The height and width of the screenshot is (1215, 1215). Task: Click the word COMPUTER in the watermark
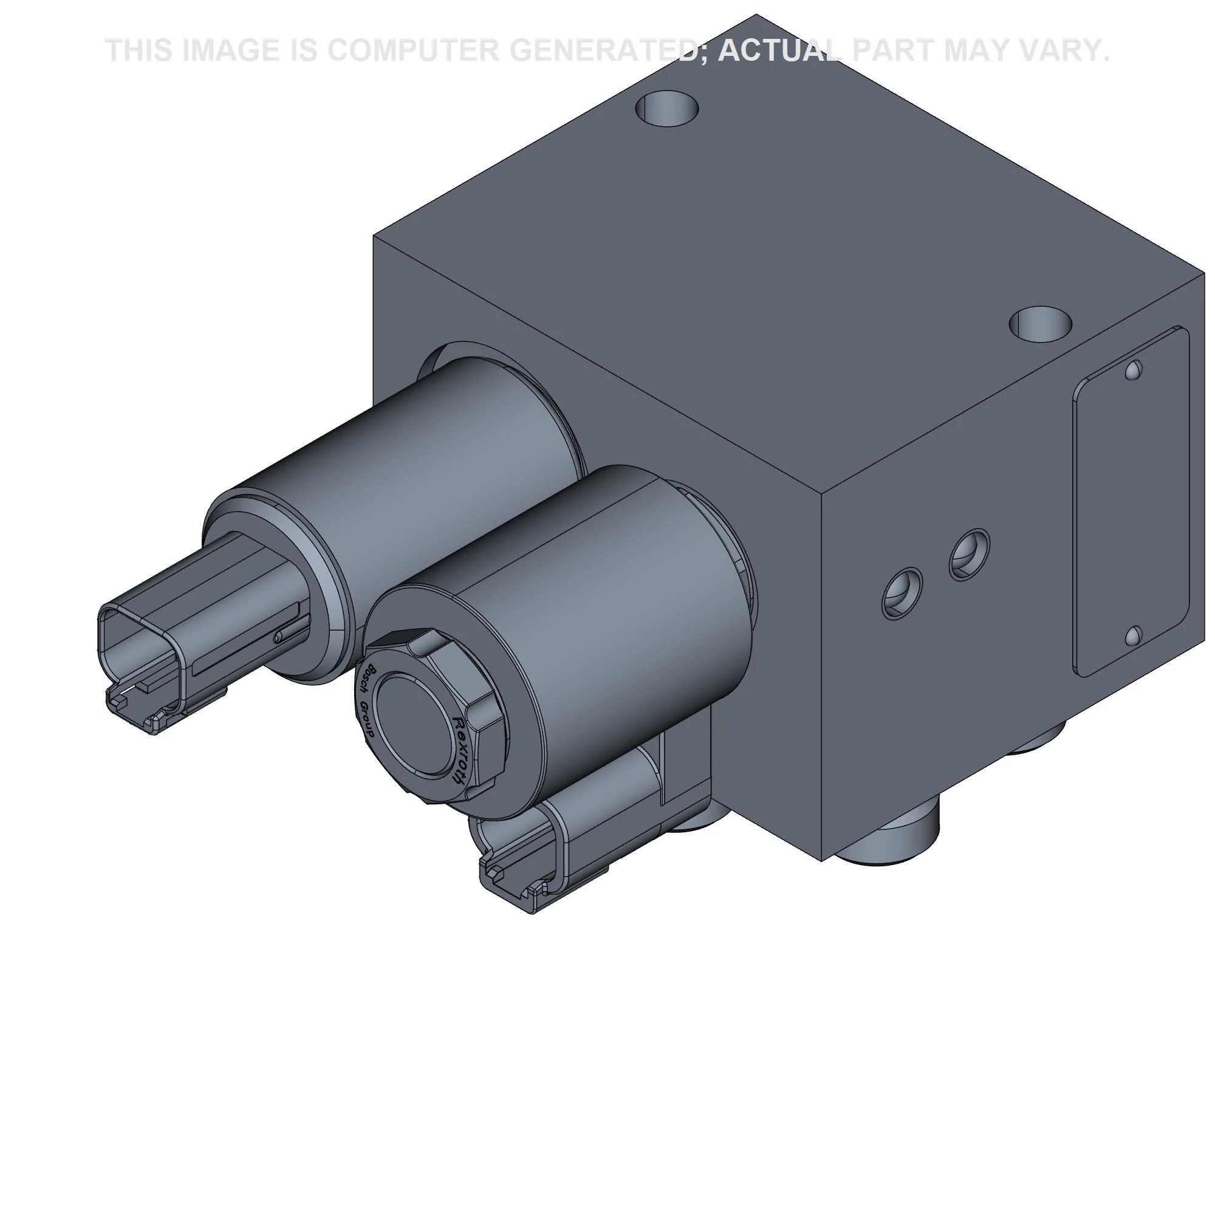click(x=412, y=50)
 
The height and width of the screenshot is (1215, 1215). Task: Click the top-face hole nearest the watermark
click(x=667, y=108)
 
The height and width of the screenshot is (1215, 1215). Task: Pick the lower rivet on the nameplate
click(x=1133, y=637)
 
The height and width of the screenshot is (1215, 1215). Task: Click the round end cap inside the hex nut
click(x=412, y=717)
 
